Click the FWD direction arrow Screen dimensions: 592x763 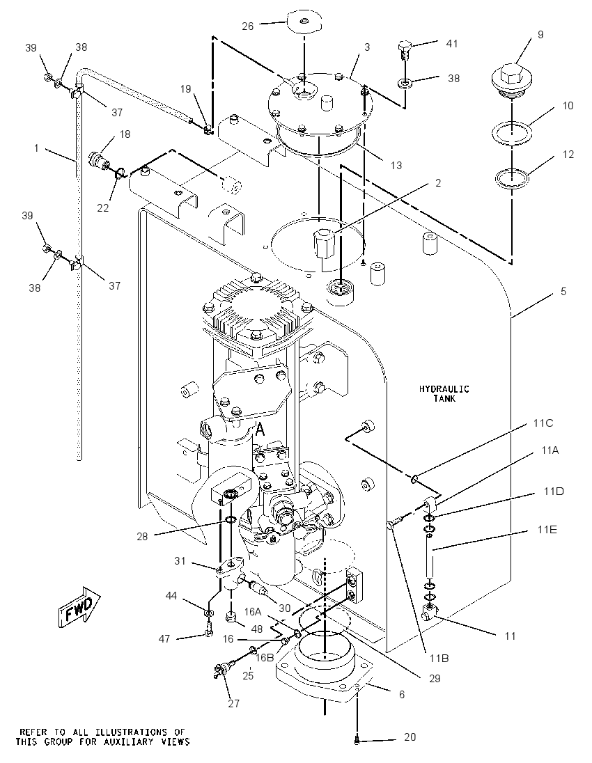(79, 606)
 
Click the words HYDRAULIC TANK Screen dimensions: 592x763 (444, 393)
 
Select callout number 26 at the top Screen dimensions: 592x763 (248, 26)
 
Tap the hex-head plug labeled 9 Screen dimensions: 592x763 (511, 79)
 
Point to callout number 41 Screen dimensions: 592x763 (452, 43)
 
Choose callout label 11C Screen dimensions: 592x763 (543, 423)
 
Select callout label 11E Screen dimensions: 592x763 (547, 529)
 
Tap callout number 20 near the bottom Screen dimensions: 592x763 (410, 737)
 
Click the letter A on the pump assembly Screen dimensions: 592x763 (260, 429)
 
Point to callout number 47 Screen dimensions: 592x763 (164, 638)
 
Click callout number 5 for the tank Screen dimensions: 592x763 (563, 292)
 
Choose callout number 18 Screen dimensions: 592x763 (125, 134)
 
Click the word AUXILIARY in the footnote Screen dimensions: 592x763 (142, 742)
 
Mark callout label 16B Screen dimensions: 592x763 (265, 657)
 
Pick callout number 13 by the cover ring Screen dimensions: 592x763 (396, 166)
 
